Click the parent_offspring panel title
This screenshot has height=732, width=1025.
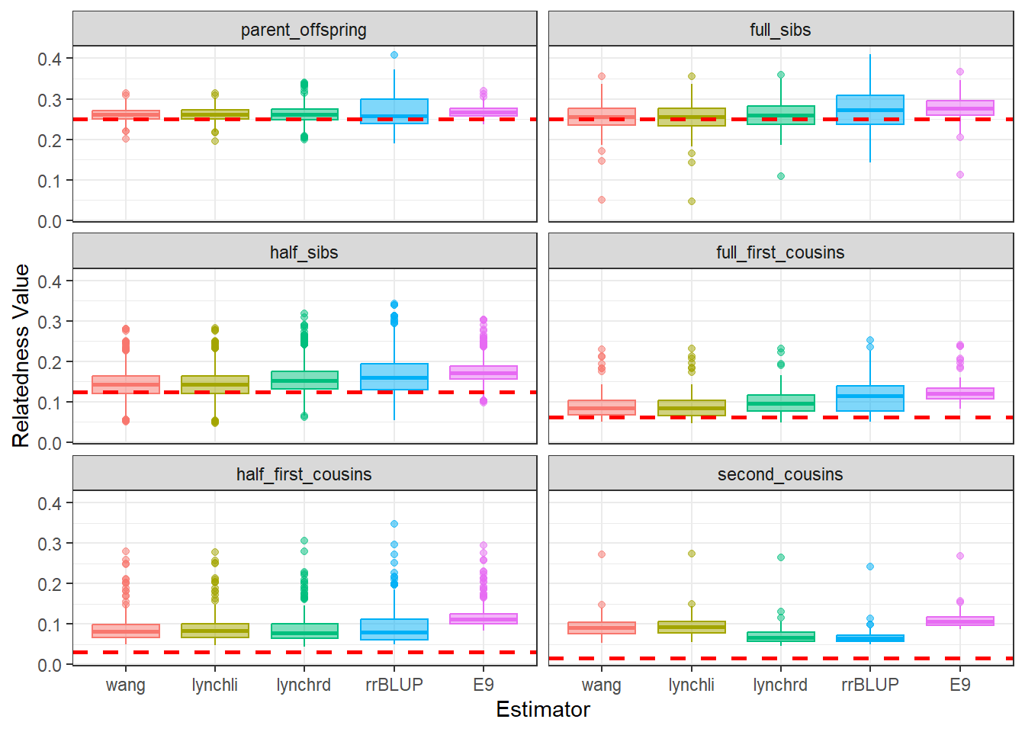click(x=304, y=30)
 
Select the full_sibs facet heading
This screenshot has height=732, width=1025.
click(x=780, y=30)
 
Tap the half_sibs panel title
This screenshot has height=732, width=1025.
click(x=304, y=252)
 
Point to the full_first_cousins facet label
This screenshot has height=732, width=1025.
click(x=780, y=252)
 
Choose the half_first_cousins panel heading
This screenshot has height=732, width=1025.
click(x=304, y=474)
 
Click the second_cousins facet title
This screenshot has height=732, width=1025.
click(x=780, y=474)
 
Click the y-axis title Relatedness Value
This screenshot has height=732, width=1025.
click(x=21, y=355)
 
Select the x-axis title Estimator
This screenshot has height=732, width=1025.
click(x=542, y=709)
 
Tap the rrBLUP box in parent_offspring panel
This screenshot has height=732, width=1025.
click(x=394, y=111)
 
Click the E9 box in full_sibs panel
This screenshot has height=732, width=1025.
click(x=960, y=108)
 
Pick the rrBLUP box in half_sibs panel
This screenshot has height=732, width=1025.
click(x=394, y=377)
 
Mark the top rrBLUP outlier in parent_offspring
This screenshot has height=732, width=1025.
click(x=394, y=55)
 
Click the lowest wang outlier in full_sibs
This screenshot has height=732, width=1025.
click(x=602, y=200)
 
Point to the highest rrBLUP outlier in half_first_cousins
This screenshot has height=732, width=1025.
click(x=394, y=524)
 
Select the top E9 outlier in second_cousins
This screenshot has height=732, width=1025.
click(x=960, y=556)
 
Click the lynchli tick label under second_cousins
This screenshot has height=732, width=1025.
click(x=691, y=685)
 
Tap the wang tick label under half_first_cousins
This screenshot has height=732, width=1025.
click(x=126, y=685)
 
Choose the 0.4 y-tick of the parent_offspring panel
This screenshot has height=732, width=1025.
click(x=50, y=59)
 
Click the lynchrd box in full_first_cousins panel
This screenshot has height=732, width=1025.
click(x=781, y=403)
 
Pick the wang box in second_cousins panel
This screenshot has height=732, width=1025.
click(x=602, y=628)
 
